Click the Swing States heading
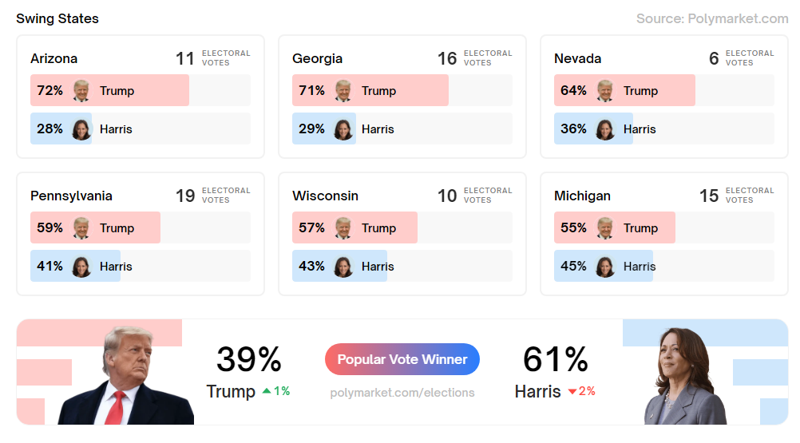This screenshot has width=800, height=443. pos(57,18)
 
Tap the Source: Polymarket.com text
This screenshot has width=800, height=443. pos(712,18)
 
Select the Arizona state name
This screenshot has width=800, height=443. pos(54,58)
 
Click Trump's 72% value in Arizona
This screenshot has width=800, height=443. pos(50,90)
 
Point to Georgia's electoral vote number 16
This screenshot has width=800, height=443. pos(447,58)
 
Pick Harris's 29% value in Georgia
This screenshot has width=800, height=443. pos(311,129)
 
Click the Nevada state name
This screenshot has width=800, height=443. pos(577,58)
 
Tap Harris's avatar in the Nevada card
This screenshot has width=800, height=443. pos(605,129)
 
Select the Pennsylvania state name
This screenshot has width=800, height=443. pos(71,196)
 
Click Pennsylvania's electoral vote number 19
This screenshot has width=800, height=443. pos(185,196)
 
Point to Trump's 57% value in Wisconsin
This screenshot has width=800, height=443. pos(311,227)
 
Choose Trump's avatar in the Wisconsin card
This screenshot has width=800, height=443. pos(343,227)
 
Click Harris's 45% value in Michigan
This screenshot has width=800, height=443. pos(573,266)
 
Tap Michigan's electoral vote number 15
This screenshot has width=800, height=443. pos(709,196)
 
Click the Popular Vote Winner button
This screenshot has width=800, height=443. pos(402,359)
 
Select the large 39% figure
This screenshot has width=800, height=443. pos(248,359)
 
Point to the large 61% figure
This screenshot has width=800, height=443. pos(555,359)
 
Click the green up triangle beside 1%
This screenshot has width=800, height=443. pos(267,391)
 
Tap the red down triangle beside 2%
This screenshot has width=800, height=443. pos(572,392)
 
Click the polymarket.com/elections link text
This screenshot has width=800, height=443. pos(402,393)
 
